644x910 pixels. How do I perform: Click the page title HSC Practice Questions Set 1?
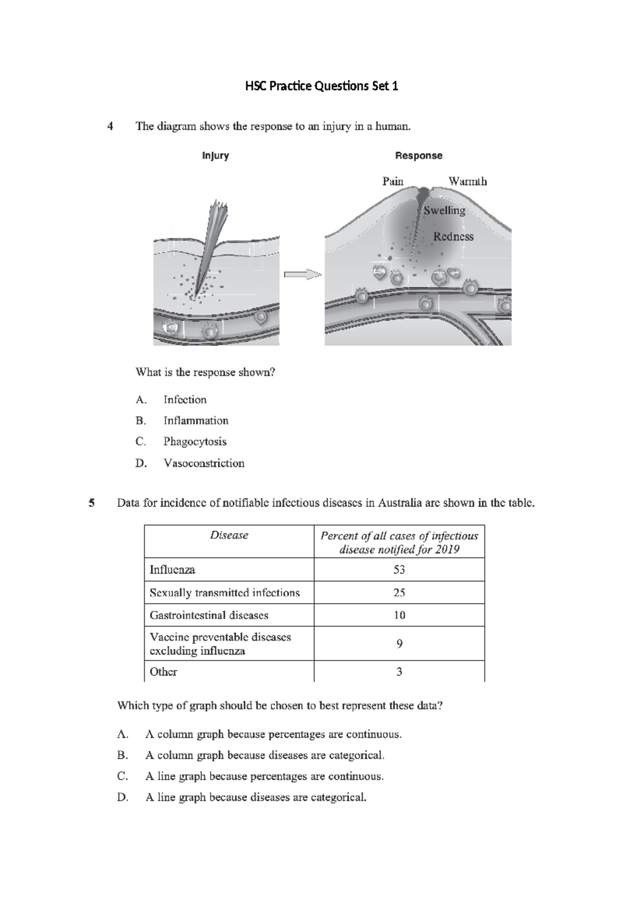[321, 86]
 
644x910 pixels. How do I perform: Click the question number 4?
[110, 127]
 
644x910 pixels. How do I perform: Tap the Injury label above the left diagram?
[215, 156]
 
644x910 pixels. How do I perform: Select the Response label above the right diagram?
[419, 156]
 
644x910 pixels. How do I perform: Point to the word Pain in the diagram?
[393, 181]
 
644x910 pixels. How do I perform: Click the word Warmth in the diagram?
[467, 181]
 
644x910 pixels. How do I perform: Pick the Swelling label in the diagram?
[444, 210]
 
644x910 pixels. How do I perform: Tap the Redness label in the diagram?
[453, 237]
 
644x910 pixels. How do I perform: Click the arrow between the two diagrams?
[302, 274]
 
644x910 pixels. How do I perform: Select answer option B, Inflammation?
[196, 421]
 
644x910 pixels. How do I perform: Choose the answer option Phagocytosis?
[195, 442]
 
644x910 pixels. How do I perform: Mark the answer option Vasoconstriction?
[204, 463]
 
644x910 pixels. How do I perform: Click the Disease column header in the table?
[229, 535]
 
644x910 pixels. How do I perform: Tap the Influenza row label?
[172, 570]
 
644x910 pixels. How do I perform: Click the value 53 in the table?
[399, 570]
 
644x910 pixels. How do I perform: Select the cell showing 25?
[399, 593]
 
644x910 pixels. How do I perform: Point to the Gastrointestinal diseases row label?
[209, 615]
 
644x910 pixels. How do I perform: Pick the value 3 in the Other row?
[399, 672]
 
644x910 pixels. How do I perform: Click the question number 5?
[92, 503]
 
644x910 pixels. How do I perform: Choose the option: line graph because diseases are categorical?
[256, 797]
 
